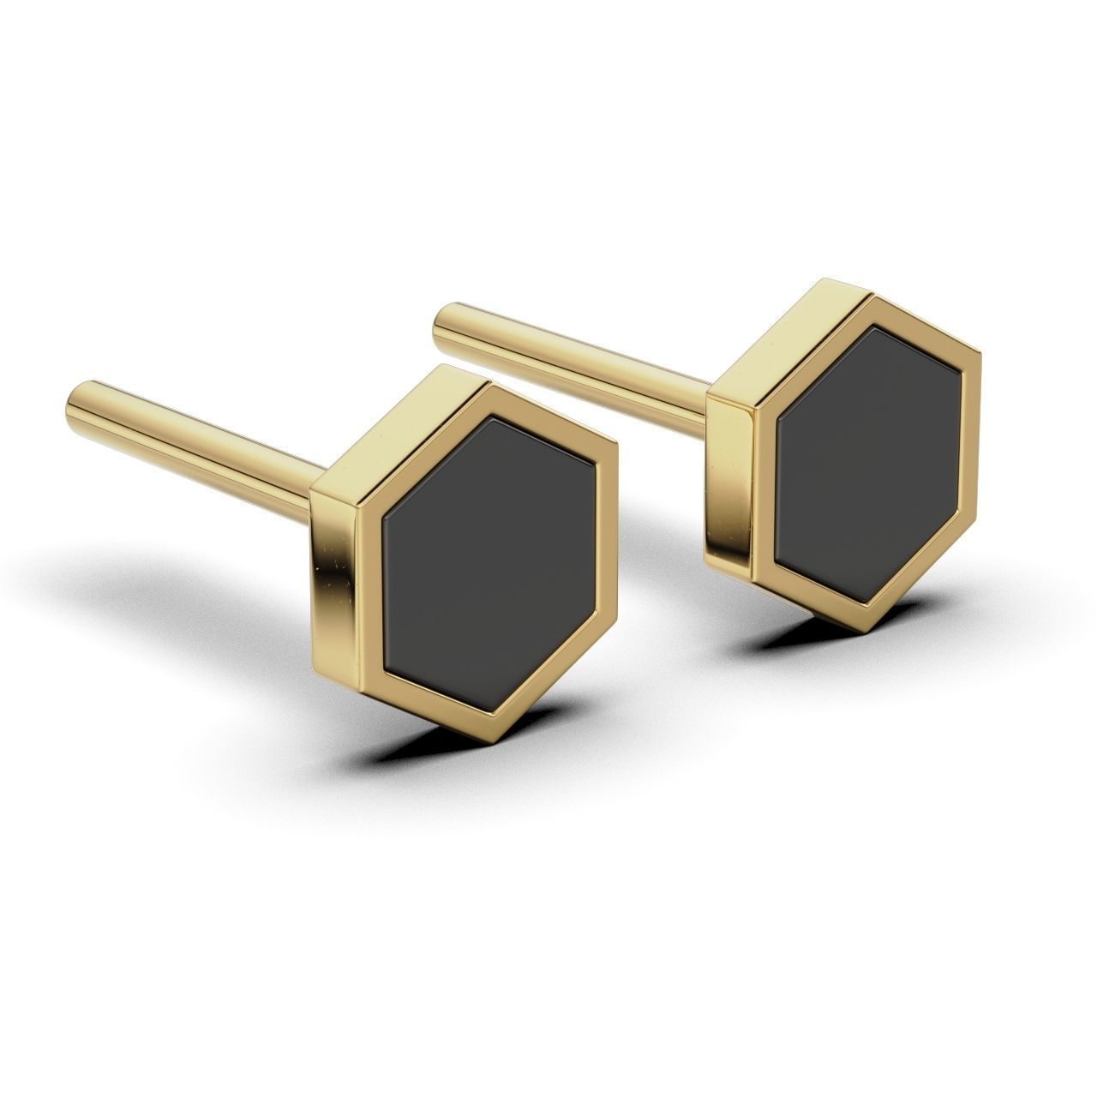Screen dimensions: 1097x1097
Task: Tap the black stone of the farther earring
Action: pyautogui.click(x=866, y=454)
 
